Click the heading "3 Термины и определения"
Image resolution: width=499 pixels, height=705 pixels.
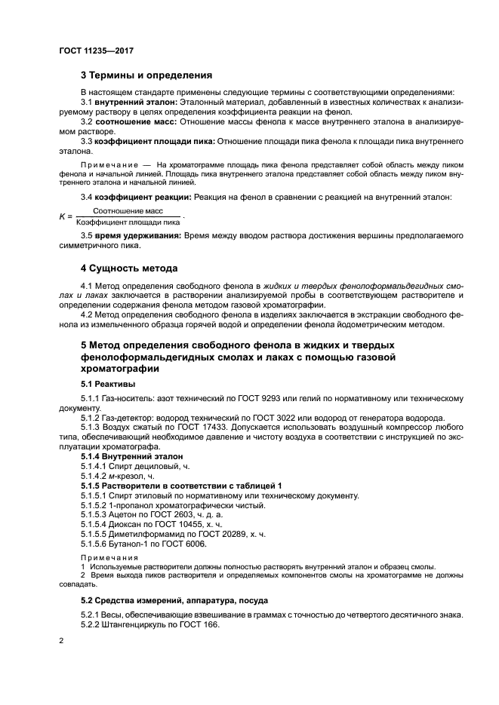pyautogui.click(x=146, y=75)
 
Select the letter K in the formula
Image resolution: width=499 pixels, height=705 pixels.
pyautogui.click(x=62, y=217)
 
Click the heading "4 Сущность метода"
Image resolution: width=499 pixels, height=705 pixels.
pyautogui.click(x=130, y=268)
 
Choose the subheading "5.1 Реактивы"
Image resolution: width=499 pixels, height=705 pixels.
pyautogui.click(x=103, y=384)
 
